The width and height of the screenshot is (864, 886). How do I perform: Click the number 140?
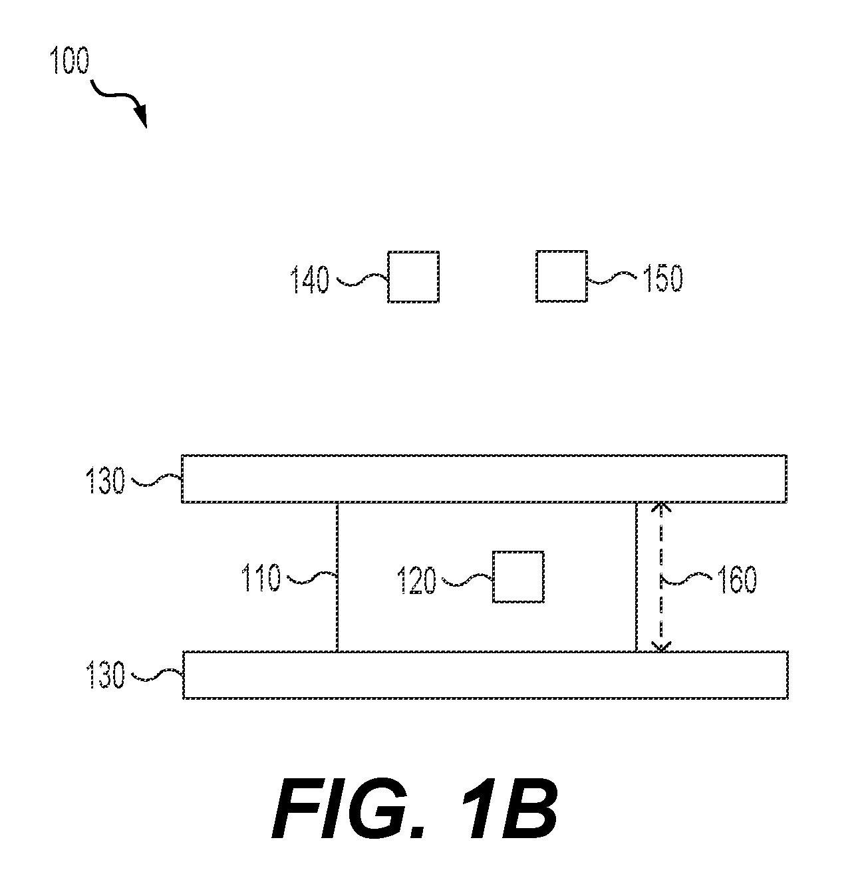point(309,279)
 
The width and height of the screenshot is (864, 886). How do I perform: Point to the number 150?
point(662,278)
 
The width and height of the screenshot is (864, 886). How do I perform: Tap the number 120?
point(416,580)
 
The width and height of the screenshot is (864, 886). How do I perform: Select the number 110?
point(260,577)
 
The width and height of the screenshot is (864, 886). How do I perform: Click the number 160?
point(737,579)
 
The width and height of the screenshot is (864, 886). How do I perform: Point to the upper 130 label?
point(105,481)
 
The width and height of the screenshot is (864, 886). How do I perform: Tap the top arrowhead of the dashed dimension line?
point(660,507)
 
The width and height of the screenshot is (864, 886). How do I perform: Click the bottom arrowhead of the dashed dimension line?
point(661,646)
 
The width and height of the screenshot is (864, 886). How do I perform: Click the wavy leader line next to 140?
point(362,279)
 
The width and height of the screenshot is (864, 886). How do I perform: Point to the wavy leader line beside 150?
point(613,278)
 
